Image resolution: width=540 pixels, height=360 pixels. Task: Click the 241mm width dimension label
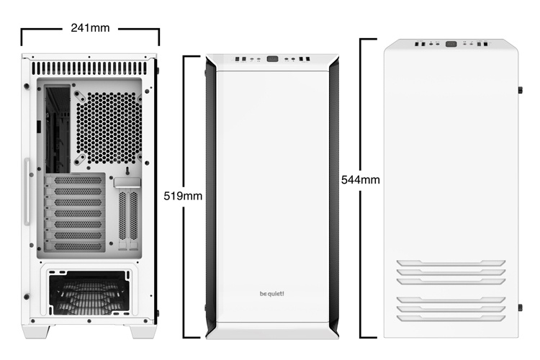(90, 29)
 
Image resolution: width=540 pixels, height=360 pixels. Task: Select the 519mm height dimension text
(183, 195)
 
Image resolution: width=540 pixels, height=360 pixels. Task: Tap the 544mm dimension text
(360, 179)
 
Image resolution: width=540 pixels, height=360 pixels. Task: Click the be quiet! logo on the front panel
(271, 292)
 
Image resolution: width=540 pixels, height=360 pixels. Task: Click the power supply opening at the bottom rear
(90, 292)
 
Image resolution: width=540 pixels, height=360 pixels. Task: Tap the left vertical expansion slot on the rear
(122, 215)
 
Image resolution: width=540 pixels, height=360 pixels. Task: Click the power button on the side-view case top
(451, 44)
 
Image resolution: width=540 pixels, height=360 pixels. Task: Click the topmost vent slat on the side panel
(451, 263)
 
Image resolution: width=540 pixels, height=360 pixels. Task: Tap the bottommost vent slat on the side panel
(451, 317)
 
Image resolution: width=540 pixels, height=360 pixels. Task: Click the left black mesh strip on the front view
(211, 194)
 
